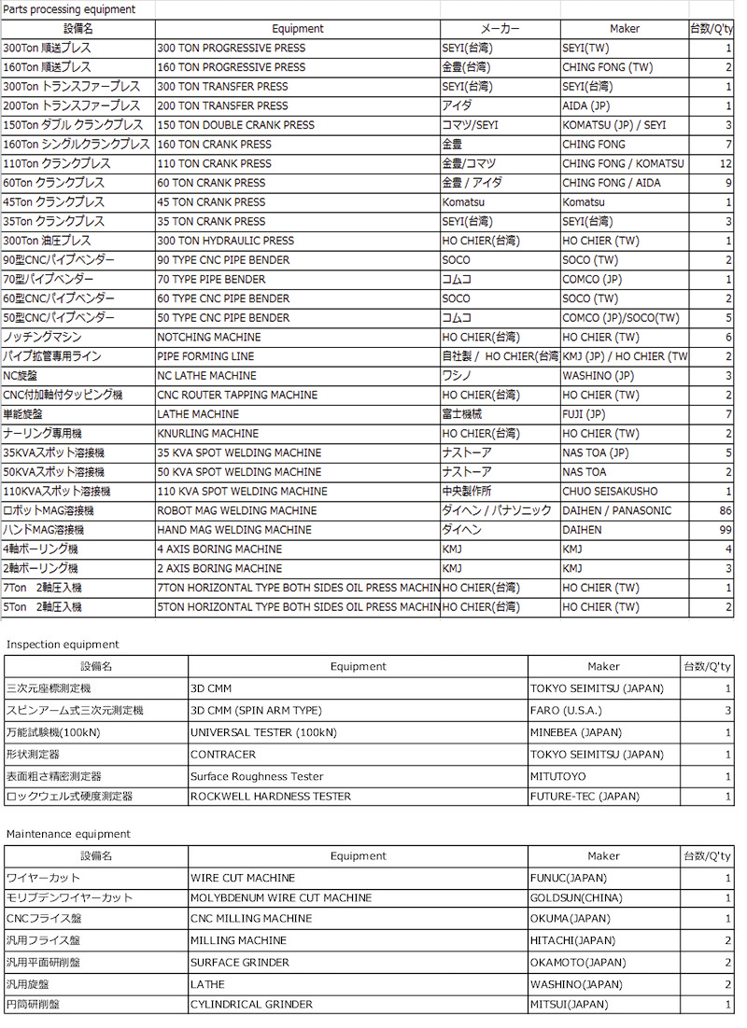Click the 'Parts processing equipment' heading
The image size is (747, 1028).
[x=69, y=9]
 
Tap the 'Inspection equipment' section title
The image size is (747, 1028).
[x=63, y=645]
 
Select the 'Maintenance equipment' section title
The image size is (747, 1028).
[x=68, y=834]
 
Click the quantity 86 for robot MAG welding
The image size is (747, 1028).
[x=725, y=511]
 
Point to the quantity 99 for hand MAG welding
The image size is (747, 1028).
[x=725, y=530]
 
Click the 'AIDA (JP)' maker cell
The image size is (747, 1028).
[x=586, y=106]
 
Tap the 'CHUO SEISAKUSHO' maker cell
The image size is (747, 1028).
[x=610, y=492]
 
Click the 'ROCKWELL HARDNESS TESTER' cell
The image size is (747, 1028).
[x=271, y=797]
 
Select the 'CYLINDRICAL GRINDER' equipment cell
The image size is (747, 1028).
[x=251, y=1005]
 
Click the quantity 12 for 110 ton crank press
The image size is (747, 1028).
[x=726, y=164]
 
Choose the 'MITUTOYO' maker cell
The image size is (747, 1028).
[x=558, y=776]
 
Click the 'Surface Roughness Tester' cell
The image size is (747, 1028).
[x=257, y=776]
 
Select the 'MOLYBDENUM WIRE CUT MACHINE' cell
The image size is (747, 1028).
[x=281, y=898]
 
